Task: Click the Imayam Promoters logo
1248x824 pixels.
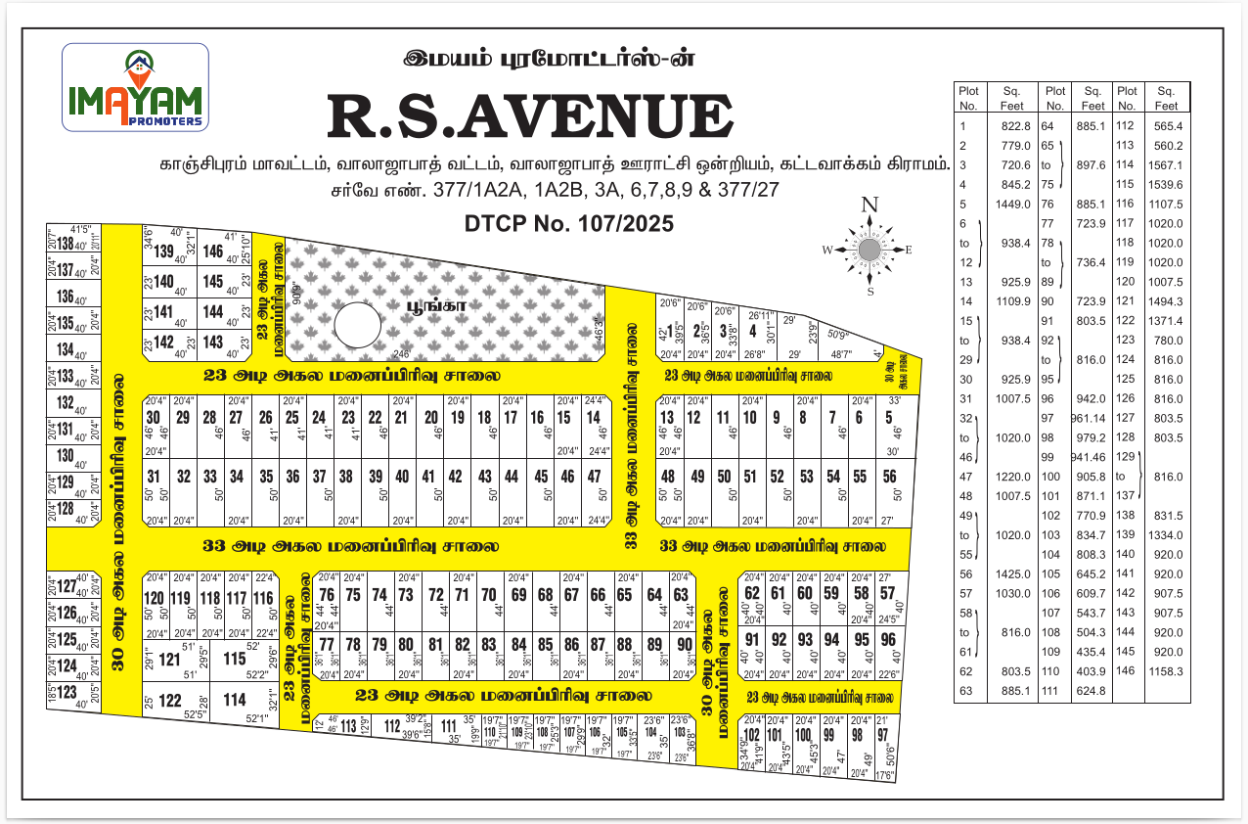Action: (x=135, y=87)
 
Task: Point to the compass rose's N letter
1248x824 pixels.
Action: (x=869, y=206)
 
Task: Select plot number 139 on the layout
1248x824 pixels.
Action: (x=164, y=252)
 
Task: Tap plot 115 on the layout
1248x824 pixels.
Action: (x=235, y=659)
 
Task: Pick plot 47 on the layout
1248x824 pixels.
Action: (x=594, y=477)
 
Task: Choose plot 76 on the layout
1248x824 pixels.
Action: (x=328, y=595)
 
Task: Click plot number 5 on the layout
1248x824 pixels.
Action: (x=889, y=417)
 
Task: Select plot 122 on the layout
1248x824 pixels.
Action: (x=170, y=700)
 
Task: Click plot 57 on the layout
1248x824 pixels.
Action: (x=887, y=593)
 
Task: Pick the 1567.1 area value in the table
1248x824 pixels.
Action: (x=1167, y=165)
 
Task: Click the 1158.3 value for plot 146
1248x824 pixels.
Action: (x=1167, y=671)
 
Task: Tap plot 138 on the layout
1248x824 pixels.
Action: (x=66, y=245)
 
